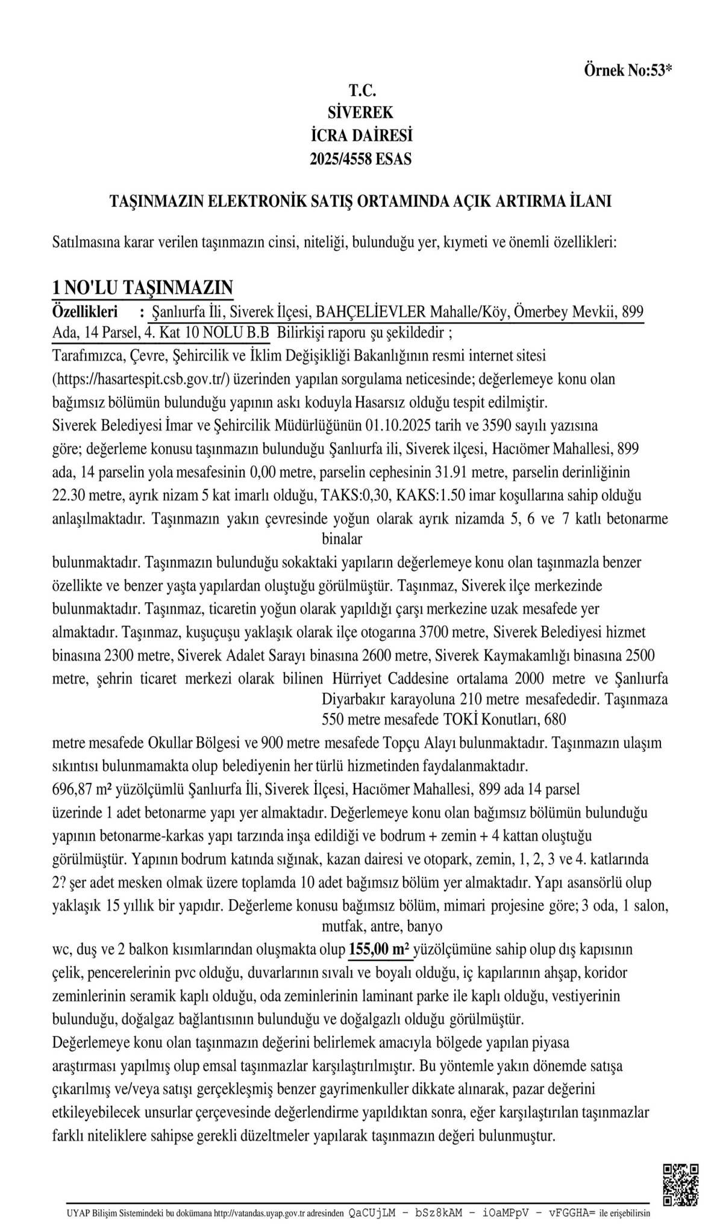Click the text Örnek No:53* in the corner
627,70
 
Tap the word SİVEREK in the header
360,112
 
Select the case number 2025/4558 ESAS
360,159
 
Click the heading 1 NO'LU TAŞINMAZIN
143,287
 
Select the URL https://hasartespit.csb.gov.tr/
145,379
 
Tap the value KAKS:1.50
424,496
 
